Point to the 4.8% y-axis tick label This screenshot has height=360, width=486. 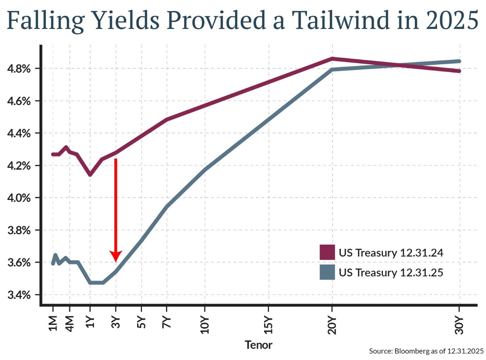[x=19, y=69]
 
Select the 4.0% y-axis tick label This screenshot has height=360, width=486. [x=19, y=198]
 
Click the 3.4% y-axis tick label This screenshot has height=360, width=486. [x=19, y=295]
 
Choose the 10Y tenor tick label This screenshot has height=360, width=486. [x=205, y=325]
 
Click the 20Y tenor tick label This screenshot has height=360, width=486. [x=332, y=325]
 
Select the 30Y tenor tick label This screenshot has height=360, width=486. [x=459, y=325]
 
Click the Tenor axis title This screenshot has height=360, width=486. [x=258, y=345]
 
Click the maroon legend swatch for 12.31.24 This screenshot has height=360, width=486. [x=327, y=252]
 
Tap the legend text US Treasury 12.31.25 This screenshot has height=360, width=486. [x=391, y=273]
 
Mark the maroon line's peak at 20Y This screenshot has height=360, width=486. [x=332, y=58]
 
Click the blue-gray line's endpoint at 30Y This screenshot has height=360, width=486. [x=459, y=61]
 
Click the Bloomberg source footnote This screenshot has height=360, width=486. [x=426, y=351]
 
